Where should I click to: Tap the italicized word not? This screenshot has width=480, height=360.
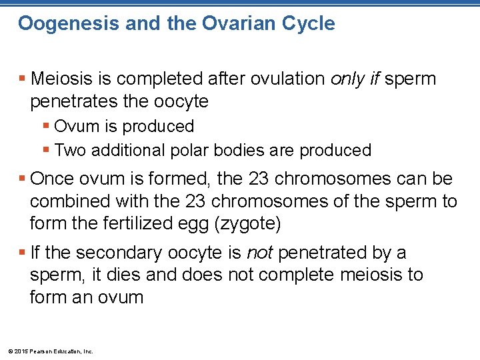(x=260, y=253)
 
